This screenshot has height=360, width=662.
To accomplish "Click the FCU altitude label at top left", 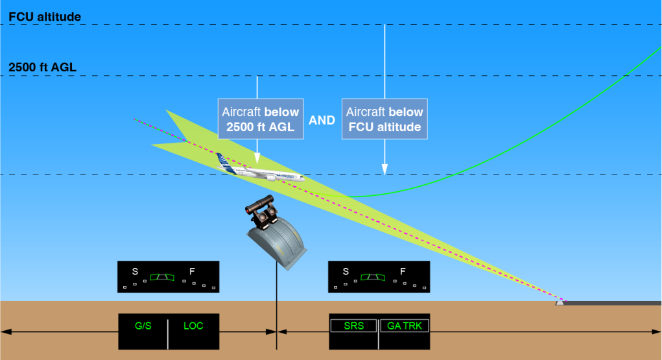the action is click(x=45, y=17).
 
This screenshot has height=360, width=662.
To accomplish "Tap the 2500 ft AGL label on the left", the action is click(x=43, y=67).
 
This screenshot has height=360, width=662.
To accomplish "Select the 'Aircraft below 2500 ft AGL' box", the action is click(x=261, y=119).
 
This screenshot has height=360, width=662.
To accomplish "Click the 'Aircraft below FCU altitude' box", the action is click(x=384, y=119).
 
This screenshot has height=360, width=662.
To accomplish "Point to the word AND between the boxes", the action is click(x=322, y=121).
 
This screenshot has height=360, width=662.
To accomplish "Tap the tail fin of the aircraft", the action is click(x=224, y=162).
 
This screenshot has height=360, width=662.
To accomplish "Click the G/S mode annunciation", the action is click(x=143, y=326).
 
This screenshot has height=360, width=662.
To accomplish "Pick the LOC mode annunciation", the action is click(x=193, y=326).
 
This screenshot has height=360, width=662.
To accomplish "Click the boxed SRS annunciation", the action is click(x=354, y=326).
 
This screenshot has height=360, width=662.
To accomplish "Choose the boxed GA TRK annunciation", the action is click(x=405, y=326).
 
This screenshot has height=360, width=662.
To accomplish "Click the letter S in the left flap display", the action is click(x=135, y=271).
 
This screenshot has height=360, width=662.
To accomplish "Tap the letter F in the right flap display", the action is click(x=403, y=271).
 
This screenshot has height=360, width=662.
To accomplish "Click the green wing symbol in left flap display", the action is click(x=162, y=277).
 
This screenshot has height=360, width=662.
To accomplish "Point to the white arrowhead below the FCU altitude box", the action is click(x=384, y=169).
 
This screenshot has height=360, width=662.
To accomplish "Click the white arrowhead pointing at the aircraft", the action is click(x=257, y=159).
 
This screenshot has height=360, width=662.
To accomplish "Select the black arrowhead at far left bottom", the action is click(x=6, y=331).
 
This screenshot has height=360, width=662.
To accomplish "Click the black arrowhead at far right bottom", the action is click(x=656, y=331).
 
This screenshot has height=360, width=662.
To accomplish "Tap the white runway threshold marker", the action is click(x=560, y=302).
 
